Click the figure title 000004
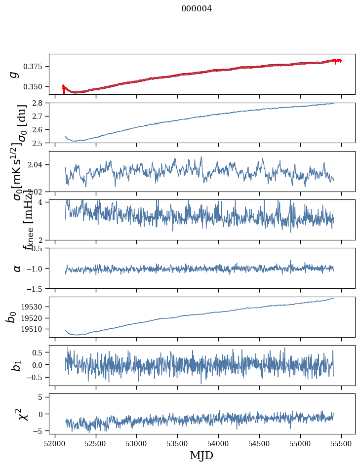point(197,9)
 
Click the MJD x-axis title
point(201,455)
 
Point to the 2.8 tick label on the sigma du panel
point(40,103)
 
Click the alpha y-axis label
point(17,268)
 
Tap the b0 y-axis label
point(11,317)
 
